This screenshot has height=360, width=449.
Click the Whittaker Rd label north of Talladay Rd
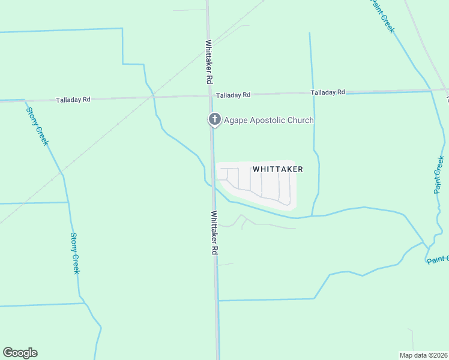click(x=209, y=62)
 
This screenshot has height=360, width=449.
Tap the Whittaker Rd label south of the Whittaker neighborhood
click(x=214, y=233)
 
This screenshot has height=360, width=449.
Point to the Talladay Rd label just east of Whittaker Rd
click(x=233, y=95)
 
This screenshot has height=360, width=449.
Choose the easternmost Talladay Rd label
click(x=328, y=92)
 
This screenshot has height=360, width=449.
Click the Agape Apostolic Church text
click(x=268, y=120)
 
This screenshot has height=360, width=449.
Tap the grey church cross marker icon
click(x=214, y=119)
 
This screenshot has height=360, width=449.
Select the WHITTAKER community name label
click(x=277, y=170)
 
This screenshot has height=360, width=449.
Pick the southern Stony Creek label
click(x=75, y=253)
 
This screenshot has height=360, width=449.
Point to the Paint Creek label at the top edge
click(x=383, y=16)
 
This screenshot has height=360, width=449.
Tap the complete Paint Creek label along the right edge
click(x=440, y=174)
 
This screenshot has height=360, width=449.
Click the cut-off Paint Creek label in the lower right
click(x=438, y=259)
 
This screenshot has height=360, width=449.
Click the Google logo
click(x=20, y=353)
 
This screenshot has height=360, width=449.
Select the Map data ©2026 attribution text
click(x=424, y=355)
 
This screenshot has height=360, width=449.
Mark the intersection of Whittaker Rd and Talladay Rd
click(x=210, y=95)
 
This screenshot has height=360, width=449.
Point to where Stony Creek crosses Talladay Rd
click(x=25, y=100)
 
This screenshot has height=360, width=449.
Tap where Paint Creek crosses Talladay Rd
click(x=431, y=91)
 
